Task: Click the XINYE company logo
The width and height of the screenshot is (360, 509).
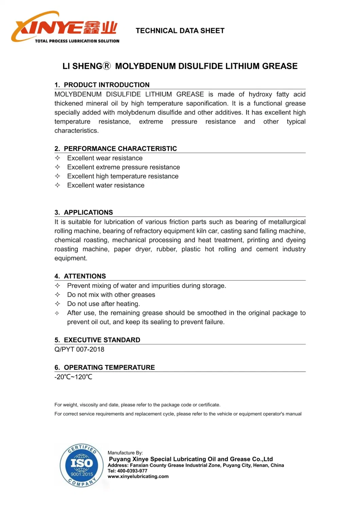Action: point(65,27)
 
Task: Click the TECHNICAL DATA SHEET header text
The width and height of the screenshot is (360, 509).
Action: point(180,31)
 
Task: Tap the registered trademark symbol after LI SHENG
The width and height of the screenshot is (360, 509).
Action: point(107,66)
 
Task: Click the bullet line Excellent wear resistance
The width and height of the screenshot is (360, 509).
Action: point(105,158)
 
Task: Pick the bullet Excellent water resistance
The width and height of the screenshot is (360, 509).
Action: point(106,185)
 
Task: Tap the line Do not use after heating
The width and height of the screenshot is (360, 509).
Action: point(103,304)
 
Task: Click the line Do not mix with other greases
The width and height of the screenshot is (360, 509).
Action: point(111,295)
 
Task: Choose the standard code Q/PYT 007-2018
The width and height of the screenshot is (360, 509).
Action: point(79,349)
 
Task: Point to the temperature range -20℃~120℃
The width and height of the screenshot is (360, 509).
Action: point(73,377)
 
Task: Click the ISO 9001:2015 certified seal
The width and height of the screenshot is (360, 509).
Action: point(82,465)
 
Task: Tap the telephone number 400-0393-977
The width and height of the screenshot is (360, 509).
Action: point(132,471)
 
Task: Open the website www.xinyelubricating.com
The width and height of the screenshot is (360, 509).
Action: point(138,476)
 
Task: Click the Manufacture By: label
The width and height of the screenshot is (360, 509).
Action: point(125,453)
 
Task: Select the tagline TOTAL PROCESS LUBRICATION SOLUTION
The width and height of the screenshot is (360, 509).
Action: point(77,41)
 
